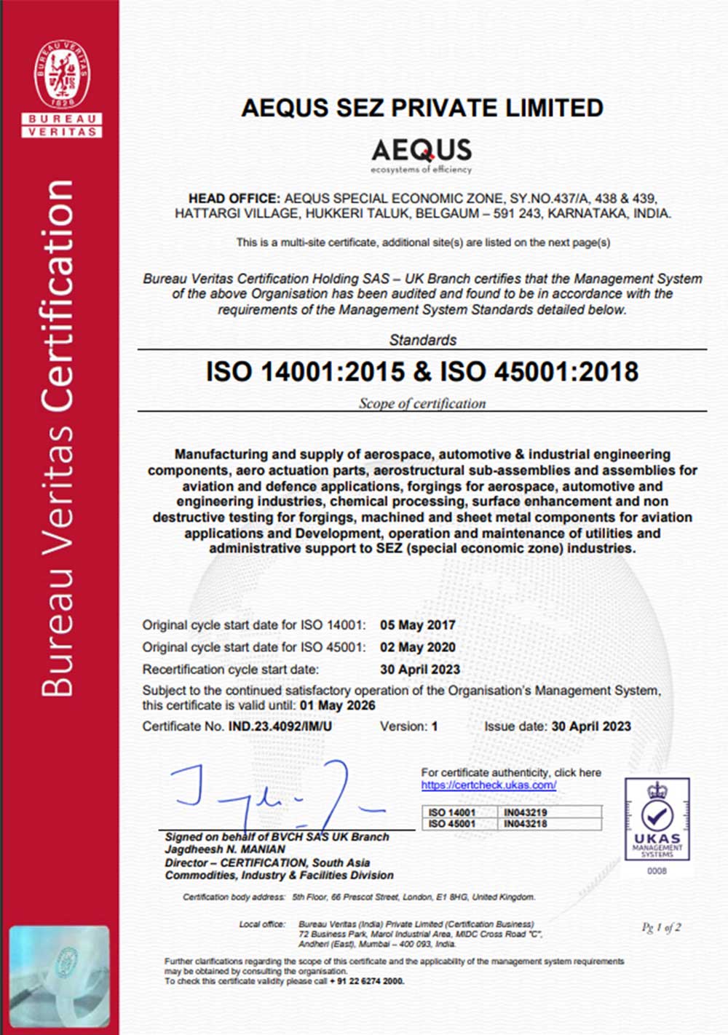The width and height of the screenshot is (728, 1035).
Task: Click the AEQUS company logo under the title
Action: pos(422,155)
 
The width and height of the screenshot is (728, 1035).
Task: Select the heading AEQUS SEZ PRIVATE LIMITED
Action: pos(422,108)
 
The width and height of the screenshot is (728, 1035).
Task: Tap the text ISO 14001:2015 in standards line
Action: pos(304,372)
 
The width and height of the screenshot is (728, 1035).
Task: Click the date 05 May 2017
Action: pos(417,624)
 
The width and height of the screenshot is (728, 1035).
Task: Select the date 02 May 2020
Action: pos(417,647)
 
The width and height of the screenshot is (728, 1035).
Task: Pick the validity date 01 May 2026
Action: pos(337,705)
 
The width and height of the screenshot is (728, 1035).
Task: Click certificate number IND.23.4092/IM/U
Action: pos(280,726)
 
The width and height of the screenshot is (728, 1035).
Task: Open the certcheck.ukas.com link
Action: pos(488,785)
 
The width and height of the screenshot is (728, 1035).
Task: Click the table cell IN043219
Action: pos(525,812)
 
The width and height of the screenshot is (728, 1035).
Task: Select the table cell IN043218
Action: pos(525,824)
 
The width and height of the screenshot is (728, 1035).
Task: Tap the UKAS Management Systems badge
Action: pos(657,820)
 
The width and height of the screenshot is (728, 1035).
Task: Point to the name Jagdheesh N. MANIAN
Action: pos(225,849)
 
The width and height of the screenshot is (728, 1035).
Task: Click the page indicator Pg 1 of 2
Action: pos(661,927)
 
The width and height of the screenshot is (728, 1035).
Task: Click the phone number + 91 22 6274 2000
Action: pos(367,981)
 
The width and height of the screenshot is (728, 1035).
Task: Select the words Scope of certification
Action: pos(422,403)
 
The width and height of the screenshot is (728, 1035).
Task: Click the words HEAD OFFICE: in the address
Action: pos(234,198)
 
